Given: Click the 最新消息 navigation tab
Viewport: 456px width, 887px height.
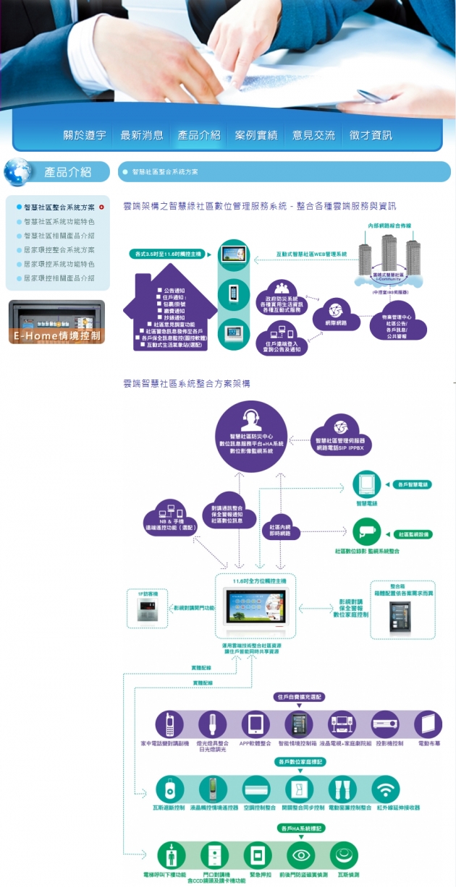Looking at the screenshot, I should pos(142,135).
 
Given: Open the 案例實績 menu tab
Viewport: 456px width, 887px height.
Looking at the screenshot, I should pos(256,135).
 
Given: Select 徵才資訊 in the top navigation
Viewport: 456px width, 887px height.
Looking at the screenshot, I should pos(371,135).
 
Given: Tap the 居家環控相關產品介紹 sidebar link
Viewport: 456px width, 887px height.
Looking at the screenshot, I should pos(59,278).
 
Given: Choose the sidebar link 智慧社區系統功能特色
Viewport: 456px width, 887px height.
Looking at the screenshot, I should pos(59,221).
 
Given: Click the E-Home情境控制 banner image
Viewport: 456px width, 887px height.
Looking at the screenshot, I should pos(56,322).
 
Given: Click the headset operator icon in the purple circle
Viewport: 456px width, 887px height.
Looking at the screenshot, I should pos(251,419).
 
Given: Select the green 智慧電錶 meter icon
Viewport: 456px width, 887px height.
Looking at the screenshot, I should pos(366,485).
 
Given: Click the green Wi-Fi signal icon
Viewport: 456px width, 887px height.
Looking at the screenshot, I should pos(386,789).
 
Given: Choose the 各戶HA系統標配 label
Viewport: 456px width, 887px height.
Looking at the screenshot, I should pos(300,827).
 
